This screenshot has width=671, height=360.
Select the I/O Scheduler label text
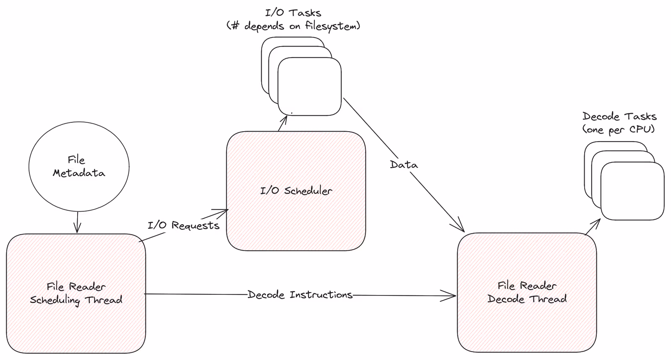pyautogui.click(x=296, y=191)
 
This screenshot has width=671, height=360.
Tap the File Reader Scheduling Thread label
pyautogui.click(x=76, y=293)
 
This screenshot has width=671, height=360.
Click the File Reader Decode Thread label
pyautogui.click(x=527, y=293)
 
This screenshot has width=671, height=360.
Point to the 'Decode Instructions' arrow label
pyautogui.click(x=300, y=295)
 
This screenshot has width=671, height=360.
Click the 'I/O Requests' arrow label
pyautogui.click(x=184, y=225)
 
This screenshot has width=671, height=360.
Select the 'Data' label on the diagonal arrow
pyautogui.click(x=404, y=165)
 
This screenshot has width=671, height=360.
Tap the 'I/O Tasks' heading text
pyautogui.click(x=293, y=13)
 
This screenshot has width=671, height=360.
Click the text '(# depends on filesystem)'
pyautogui.click(x=293, y=26)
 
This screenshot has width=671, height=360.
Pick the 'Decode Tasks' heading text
pyautogui.click(x=619, y=117)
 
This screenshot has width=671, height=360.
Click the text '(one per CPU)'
pyautogui.click(x=619, y=129)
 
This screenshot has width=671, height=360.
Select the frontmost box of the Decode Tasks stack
pyautogui.click(x=632, y=191)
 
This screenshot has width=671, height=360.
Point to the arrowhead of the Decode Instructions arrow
pyautogui.click(x=452, y=296)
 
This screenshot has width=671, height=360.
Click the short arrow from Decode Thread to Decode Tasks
pyautogui.click(x=593, y=226)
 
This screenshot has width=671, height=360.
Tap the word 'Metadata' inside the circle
pyautogui.click(x=79, y=173)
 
